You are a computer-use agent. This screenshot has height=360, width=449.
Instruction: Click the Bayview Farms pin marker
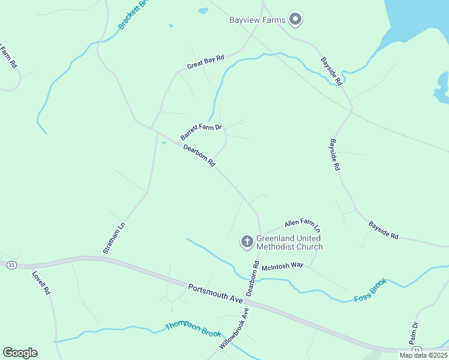click(x=295, y=20)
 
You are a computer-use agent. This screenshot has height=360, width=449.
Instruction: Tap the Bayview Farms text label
click(x=257, y=20)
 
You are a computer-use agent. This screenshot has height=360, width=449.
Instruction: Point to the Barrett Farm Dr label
click(x=201, y=132)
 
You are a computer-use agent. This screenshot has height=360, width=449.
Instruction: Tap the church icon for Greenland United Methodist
click(x=247, y=242)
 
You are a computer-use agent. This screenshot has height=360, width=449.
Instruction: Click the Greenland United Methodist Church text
click(x=289, y=242)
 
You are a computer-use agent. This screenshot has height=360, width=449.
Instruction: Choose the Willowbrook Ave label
click(x=234, y=329)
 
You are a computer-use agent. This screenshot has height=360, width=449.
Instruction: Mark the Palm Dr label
click(x=414, y=333)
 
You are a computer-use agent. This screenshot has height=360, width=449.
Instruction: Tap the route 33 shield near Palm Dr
click(x=417, y=350)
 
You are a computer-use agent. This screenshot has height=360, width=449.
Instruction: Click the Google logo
click(x=20, y=353)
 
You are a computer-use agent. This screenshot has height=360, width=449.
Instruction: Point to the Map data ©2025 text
click(x=423, y=355)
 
